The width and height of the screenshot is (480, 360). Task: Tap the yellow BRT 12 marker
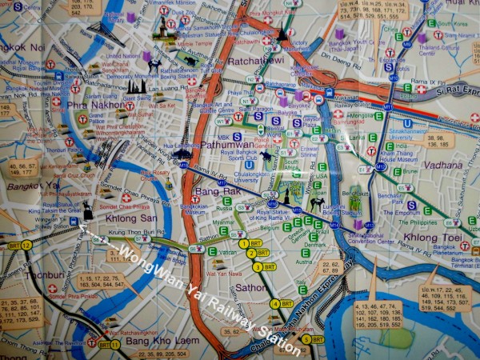(26, 245)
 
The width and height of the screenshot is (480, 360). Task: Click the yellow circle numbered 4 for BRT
(276, 303)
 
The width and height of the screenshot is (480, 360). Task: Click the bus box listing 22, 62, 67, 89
(329, 268)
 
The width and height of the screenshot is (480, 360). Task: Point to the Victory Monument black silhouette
(282, 35)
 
